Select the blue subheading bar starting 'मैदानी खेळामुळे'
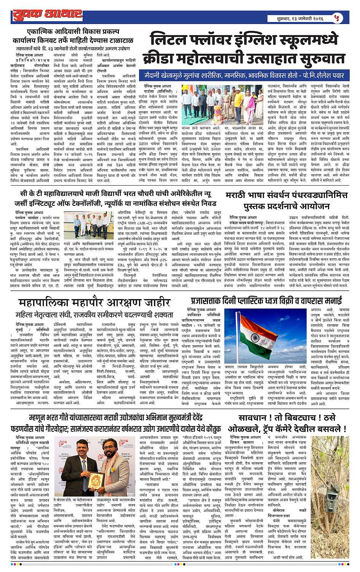click(x=246, y=75)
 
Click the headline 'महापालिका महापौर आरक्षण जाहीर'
click(x=94, y=303)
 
